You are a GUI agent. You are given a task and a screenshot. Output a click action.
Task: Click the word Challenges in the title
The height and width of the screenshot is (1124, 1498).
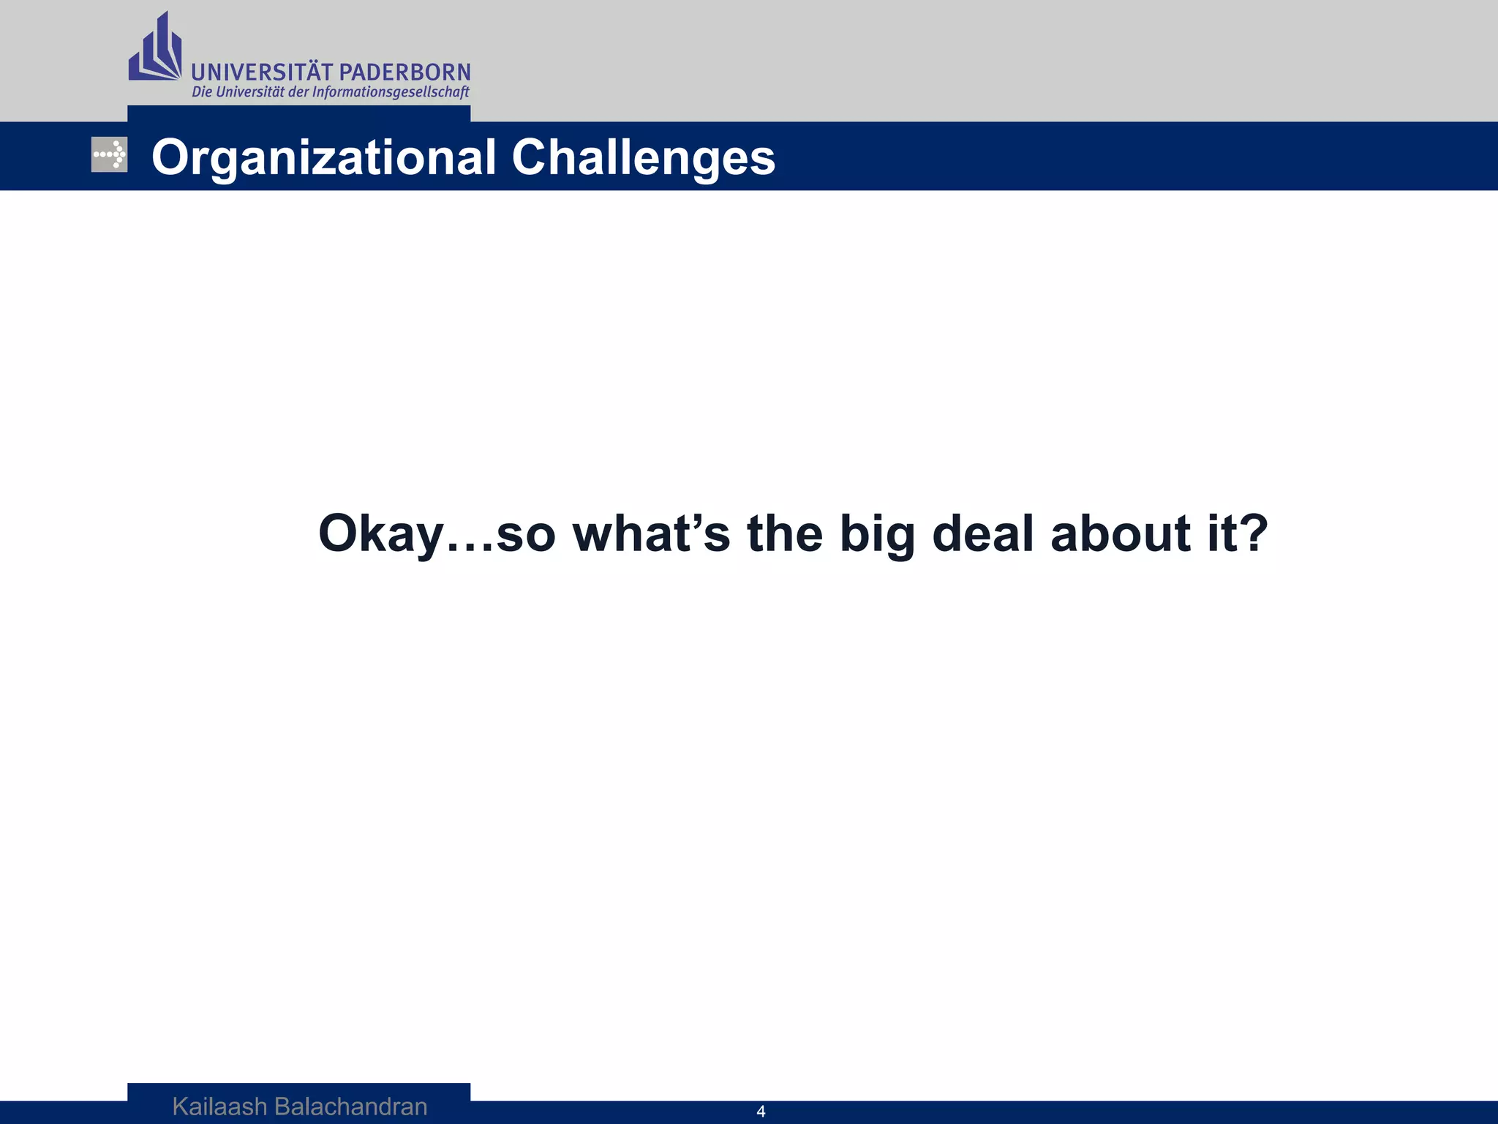(643, 158)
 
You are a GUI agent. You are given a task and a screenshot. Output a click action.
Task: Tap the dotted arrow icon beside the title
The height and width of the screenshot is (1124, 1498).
(109, 154)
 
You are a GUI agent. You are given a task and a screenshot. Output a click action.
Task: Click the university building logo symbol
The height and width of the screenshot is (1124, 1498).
(154, 48)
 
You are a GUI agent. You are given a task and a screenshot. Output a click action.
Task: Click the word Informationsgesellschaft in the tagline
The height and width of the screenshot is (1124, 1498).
(391, 92)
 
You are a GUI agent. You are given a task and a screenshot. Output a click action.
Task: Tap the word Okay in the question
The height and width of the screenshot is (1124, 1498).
(380, 534)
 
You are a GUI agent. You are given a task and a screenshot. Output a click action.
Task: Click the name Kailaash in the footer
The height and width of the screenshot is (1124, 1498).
(219, 1106)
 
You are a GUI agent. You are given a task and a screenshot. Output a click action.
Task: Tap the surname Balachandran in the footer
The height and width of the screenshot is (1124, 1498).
(350, 1106)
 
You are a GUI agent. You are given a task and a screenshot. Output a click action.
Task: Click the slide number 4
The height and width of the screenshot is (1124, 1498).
(761, 1112)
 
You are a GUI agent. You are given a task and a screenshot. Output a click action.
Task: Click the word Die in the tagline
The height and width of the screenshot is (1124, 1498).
(201, 92)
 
